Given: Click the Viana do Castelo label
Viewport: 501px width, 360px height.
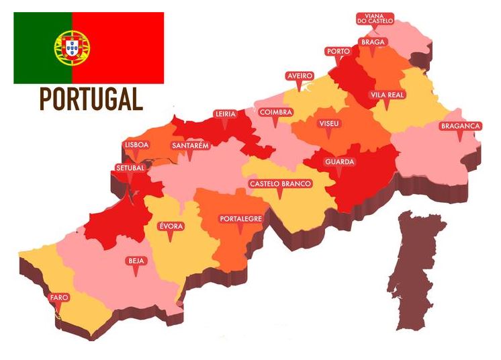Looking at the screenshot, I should coord(375,18).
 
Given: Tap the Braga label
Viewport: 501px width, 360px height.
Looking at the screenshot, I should coord(372,42).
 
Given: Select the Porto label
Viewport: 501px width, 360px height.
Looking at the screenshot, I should coord(336,51).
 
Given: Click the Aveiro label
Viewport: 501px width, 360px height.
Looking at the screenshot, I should coord(300,76).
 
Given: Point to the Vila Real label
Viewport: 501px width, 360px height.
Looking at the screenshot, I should coord(387,95).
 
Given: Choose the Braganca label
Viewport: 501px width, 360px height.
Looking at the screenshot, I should coord(460,126).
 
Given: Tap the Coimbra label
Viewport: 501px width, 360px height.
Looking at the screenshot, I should coord(275,112).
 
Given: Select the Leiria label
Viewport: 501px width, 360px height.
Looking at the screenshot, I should coord(225,114).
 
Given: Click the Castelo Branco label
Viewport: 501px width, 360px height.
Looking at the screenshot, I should coord(280,183).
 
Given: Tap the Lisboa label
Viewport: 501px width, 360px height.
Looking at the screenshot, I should coord(137,144).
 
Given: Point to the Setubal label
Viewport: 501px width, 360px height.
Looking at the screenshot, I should coord(130,168).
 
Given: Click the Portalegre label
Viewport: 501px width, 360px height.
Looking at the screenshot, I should coord(240,219).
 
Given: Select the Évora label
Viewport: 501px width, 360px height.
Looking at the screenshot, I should coord(171,226).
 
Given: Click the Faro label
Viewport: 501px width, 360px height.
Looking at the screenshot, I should coord(59,298).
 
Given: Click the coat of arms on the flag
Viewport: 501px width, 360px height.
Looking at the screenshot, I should coord(72,47).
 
